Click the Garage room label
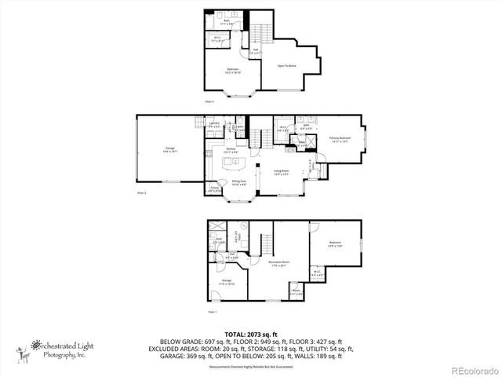[170, 150]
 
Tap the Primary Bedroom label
[340, 139]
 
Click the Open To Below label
[286, 66]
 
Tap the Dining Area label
[239, 182]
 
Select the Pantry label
[214, 188]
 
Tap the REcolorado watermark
[473, 369]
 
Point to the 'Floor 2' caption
[142, 192]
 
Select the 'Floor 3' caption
[209, 102]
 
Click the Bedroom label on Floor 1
[336, 243]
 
